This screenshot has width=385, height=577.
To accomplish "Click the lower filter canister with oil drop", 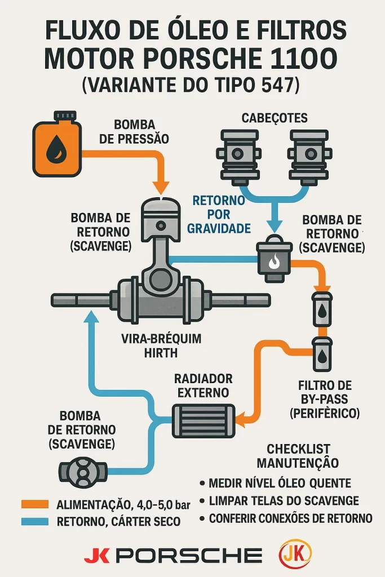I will click(322, 354).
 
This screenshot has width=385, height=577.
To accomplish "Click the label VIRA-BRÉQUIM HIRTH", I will click(162, 346).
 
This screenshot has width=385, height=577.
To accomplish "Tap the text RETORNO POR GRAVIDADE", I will click(219, 214).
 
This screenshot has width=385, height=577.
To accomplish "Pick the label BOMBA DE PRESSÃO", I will click(134, 131).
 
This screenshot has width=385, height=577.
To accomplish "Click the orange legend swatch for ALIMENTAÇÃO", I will click(36, 503).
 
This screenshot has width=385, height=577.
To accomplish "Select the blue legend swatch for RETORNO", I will click(36, 521).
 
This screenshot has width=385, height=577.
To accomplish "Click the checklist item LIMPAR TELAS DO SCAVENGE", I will click(284, 500).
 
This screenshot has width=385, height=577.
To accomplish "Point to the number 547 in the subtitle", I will click(280, 85).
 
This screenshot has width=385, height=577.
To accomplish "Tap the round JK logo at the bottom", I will click(295, 554).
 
